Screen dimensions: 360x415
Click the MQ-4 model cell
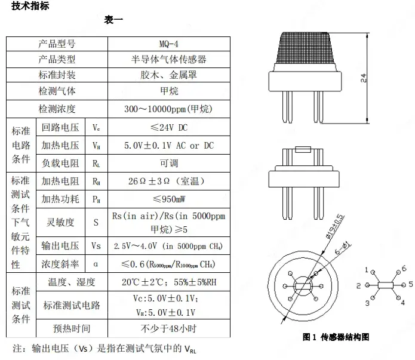coord(168,44)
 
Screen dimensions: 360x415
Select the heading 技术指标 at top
coord(30,7)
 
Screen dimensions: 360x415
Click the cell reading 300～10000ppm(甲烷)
coord(168,109)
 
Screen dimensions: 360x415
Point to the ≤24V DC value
coord(168,127)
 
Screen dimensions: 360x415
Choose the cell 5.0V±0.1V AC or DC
coord(168,146)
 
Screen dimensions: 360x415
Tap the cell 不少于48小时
coord(168,328)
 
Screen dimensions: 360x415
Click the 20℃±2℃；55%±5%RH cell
coord(168,282)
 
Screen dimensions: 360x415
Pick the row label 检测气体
coord(57,91)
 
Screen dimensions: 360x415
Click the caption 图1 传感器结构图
coord(336,337)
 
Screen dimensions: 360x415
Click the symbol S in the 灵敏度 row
coord(96,222)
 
